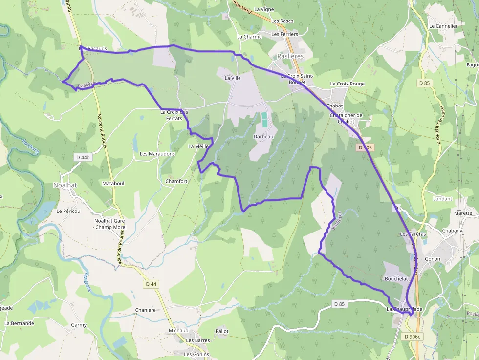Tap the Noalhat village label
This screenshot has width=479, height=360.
[65, 185]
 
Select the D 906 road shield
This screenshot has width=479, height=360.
[365, 147]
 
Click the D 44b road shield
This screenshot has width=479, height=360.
[83, 157]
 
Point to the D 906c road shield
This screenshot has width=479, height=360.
[413, 337]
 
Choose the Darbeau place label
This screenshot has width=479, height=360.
[263, 137]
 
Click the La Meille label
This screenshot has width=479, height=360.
[198, 146]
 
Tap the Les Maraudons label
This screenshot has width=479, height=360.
[157, 154]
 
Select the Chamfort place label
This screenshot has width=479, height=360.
[176, 181]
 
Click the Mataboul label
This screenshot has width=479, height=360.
[113, 183]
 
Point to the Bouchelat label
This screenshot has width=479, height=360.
[396, 278]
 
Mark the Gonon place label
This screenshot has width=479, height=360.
[433, 259]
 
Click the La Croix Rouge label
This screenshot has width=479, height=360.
[347, 84]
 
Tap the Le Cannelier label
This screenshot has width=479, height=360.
[443, 26]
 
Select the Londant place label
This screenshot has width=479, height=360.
[442, 199]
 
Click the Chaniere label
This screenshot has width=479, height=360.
[145, 310]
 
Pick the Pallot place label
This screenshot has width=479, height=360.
[222, 331]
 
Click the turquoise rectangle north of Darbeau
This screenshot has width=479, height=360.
[264, 120]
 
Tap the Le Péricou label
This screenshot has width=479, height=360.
[68, 212]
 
